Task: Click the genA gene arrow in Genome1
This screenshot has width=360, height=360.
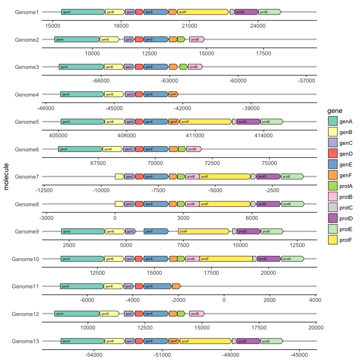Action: tap(83, 12)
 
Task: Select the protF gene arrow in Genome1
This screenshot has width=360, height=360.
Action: tap(203, 12)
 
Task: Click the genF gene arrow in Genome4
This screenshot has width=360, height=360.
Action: tap(173, 94)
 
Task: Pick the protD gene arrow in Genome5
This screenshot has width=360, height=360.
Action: tap(248, 122)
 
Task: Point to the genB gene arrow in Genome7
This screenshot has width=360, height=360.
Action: tap(120, 177)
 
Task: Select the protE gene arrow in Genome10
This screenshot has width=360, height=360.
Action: tap(292, 259)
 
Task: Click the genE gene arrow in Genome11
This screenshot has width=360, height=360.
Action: tap(157, 286)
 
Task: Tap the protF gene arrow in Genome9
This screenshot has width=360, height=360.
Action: tap(204, 232)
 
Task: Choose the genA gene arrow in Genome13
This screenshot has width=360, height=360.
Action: tap(82, 341)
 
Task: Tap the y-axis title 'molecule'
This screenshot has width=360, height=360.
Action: tap(6, 177)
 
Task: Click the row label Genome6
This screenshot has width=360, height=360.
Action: tap(27, 150)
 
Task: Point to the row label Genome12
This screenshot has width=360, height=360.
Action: tap(25, 314)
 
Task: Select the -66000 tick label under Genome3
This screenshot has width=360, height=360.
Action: tap(101, 81)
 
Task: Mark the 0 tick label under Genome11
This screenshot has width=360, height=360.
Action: tap(224, 300)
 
